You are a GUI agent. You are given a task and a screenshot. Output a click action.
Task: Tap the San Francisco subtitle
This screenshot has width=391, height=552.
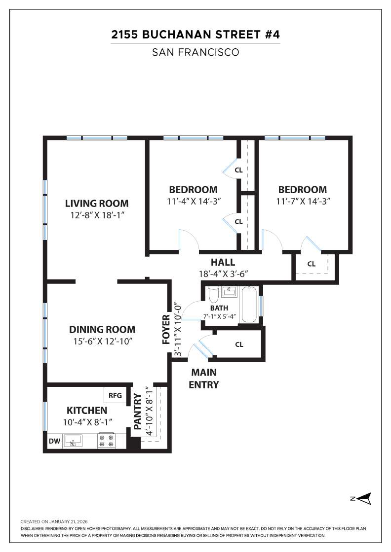(195, 52)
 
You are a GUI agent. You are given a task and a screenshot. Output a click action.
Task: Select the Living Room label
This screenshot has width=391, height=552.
(97, 203)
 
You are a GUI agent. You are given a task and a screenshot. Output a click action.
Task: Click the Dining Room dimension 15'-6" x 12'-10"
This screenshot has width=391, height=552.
(102, 341)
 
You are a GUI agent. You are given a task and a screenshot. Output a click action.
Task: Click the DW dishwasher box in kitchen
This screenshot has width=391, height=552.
(54, 441)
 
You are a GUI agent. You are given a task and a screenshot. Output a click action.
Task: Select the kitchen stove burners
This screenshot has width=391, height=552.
(106, 441)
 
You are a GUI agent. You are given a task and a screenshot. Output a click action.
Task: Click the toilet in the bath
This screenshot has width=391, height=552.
(214, 294)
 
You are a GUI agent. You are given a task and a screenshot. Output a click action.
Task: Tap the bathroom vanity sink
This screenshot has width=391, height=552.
(229, 292)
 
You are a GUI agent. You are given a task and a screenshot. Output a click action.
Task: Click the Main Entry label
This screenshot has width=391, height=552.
(204, 379)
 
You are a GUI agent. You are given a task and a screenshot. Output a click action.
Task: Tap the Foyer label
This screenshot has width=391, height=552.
(165, 329)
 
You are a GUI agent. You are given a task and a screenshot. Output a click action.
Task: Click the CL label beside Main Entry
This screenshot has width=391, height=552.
(239, 345)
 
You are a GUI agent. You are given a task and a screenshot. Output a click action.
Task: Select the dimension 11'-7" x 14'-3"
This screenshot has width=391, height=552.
(303, 201)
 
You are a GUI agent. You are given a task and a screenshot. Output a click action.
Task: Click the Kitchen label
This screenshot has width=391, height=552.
(87, 410)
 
